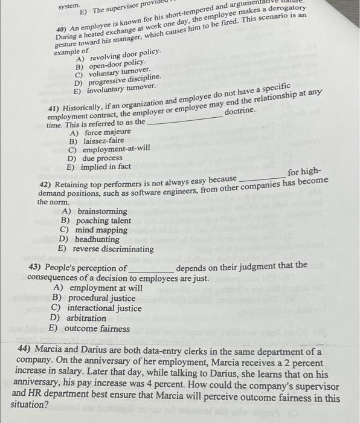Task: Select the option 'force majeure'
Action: tap(107, 131)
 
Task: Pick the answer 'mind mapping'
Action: tap(101, 230)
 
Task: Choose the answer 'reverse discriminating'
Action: tap(114, 248)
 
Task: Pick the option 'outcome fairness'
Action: tap(97, 329)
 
